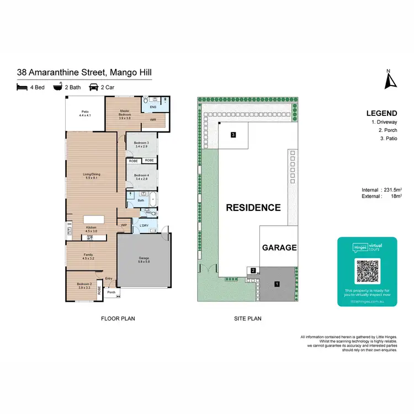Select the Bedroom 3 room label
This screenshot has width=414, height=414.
[141, 144]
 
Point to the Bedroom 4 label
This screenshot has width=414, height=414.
[141, 177]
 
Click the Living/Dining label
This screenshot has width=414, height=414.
[91, 177]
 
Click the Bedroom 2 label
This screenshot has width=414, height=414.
[84, 285]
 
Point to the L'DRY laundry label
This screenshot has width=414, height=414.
[145, 225]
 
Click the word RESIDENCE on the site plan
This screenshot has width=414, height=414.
[253, 208]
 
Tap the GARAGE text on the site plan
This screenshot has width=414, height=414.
[279, 248]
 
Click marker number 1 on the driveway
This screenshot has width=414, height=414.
[277, 284]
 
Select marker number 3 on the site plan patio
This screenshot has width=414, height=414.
[234, 134]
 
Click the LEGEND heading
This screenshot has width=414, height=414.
[381, 113]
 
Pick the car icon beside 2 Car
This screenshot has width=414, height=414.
[94, 87]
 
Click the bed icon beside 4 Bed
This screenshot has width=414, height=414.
[22, 87]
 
